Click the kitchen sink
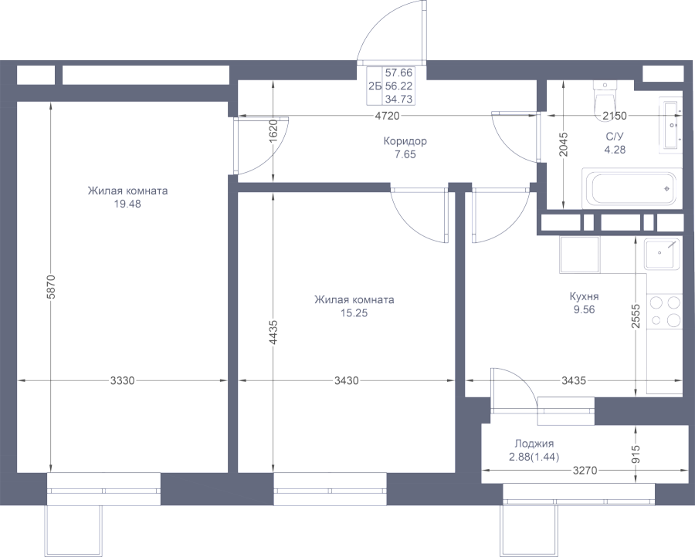[663, 254]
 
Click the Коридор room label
[405, 141]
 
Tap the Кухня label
[584, 295]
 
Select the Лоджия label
[533, 444]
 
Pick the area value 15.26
[354, 312]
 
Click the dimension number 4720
[386, 116]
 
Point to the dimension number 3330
[123, 380]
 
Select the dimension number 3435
[574, 380]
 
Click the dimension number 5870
[51, 288]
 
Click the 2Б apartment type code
[375, 86]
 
